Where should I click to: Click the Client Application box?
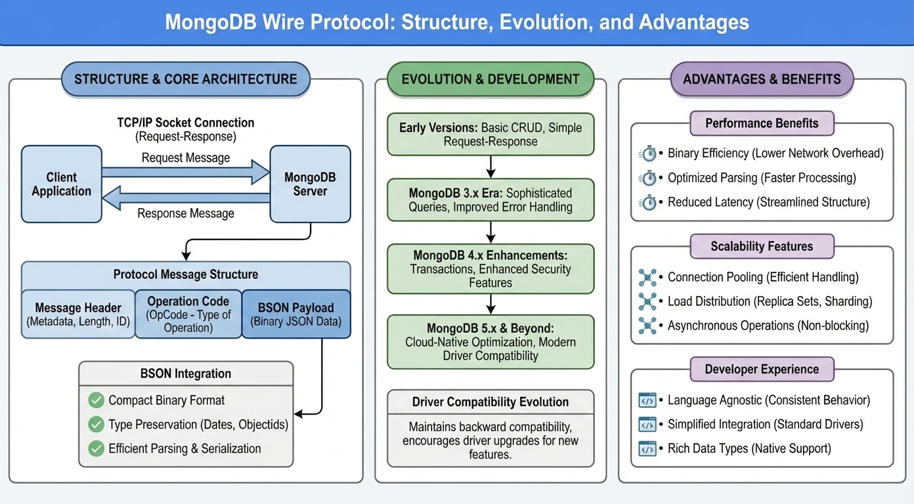tap(61, 184)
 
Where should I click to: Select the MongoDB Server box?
tap(310, 184)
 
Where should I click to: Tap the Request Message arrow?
tap(186, 173)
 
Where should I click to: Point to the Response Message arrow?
tap(186, 197)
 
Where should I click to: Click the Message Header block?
tap(77, 314)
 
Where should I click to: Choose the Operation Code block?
tap(188, 314)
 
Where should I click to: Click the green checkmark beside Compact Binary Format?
tap(97, 400)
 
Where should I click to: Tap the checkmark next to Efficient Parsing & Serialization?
tap(97, 449)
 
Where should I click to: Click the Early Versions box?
tap(490, 135)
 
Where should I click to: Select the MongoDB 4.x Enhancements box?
tap(490, 268)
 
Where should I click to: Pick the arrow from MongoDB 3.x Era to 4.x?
tap(490, 232)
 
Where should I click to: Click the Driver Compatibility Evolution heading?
tap(490, 402)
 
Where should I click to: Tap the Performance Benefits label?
tap(762, 123)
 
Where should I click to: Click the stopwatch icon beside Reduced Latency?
tap(648, 202)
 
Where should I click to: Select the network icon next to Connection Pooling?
tap(647, 278)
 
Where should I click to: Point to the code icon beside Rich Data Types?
tap(647, 449)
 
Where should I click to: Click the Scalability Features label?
tap(762, 247)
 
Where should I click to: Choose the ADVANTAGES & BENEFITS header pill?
tap(762, 79)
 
